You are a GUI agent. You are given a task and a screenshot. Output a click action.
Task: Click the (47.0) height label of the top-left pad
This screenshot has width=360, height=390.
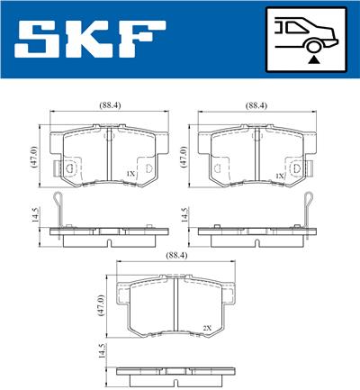point(33,159)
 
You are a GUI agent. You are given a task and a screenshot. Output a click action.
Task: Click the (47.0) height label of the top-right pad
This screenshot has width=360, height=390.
point(183,159)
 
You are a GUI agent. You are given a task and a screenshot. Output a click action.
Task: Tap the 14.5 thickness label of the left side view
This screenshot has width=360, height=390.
point(33,217)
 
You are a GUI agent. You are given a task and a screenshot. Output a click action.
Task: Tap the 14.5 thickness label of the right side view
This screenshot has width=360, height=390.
point(183,217)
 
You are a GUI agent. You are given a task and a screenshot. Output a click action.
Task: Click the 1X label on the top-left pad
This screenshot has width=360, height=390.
point(130,173)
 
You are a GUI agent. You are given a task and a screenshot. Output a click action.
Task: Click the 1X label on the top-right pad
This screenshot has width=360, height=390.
point(280,173)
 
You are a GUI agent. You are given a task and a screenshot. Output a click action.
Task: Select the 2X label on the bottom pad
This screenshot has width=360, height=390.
point(207,328)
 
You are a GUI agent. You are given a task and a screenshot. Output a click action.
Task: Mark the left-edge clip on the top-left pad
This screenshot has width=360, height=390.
point(66,168)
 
